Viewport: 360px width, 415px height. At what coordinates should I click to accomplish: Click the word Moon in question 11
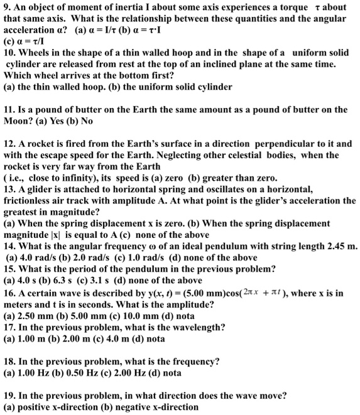(16, 120)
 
